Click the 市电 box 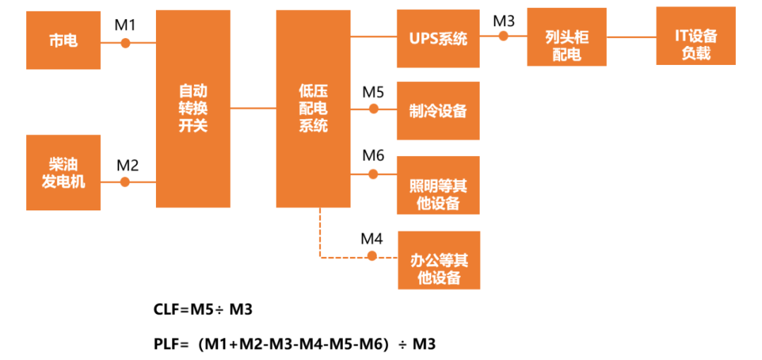(63, 41)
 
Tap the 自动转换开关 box (193, 109)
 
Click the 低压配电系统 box (313, 109)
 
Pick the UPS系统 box (438, 39)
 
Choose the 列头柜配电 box (566, 46)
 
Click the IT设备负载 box (696, 46)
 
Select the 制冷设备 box (438, 111)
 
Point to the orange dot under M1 (126, 42)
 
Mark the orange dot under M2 (126, 181)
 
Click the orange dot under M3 (504, 35)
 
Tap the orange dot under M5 (374, 109)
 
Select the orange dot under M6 (374, 173)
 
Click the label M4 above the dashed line (372, 239)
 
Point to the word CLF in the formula (168, 309)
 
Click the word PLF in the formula (167, 344)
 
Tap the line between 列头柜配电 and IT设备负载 (631, 35)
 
